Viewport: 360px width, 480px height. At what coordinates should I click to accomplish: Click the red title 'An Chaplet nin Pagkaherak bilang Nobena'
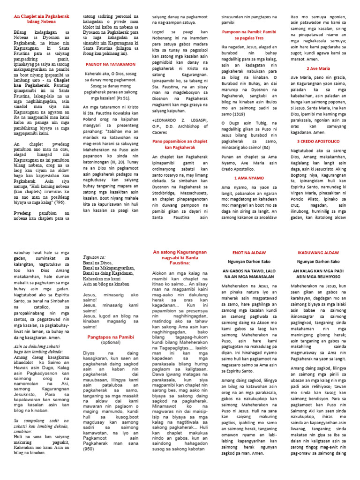[x=41, y=19]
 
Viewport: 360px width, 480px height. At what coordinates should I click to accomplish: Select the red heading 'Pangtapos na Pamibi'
[x=111, y=337]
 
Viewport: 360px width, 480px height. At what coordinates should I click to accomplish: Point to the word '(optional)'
[x=111, y=343]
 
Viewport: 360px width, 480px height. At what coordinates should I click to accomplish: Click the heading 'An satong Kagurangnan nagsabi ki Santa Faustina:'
[x=180, y=257]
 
